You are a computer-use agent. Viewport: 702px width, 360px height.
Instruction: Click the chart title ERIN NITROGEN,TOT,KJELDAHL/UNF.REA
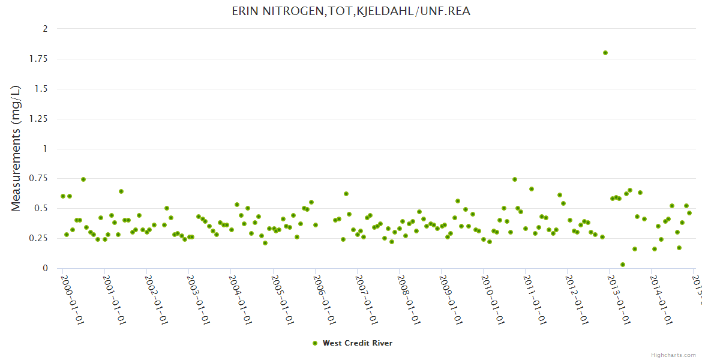coord(351,11)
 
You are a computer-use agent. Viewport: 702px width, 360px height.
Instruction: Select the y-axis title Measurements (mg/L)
coord(16,148)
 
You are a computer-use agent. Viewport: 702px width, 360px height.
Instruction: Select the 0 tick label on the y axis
coord(45,269)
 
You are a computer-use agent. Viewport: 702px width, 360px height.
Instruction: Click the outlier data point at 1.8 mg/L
coord(605,53)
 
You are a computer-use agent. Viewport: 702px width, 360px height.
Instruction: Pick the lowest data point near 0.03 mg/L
coord(623,265)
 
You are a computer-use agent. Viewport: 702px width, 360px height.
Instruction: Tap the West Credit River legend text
coord(358,343)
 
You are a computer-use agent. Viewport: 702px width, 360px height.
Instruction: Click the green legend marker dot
coord(315,343)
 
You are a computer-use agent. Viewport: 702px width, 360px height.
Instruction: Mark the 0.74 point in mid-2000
coord(83,179)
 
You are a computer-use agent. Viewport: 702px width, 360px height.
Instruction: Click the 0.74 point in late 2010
coord(515,179)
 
